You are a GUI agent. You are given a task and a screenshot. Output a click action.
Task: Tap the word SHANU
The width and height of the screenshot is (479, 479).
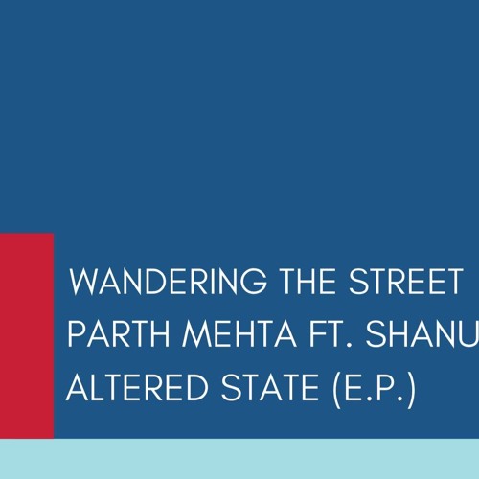click(419, 336)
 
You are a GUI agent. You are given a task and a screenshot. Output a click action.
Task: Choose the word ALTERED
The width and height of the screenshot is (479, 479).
click(130, 390)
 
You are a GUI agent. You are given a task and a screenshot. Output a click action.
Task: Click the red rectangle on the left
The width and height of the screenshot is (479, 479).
click(27, 335)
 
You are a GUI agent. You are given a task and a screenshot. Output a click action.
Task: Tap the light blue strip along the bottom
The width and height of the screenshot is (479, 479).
click(239, 460)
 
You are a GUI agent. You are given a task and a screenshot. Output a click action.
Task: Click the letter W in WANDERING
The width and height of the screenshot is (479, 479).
click(87, 283)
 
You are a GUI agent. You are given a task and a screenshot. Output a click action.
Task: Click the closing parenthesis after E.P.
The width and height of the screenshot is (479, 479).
click(410, 391)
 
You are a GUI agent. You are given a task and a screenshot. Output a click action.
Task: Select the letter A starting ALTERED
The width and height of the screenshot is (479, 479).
click(78, 390)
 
